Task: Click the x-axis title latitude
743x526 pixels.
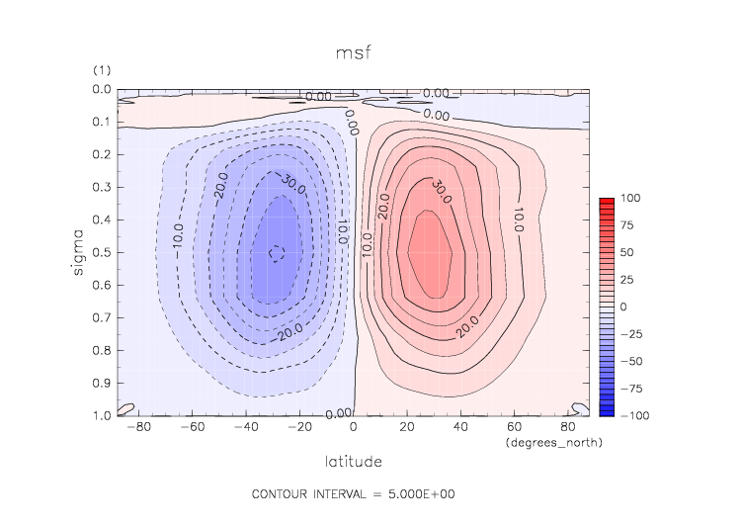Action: (354, 461)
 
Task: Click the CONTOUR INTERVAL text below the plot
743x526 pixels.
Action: (353, 493)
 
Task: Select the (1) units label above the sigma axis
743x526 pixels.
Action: (101, 71)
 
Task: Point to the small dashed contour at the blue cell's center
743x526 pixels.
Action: (278, 253)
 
